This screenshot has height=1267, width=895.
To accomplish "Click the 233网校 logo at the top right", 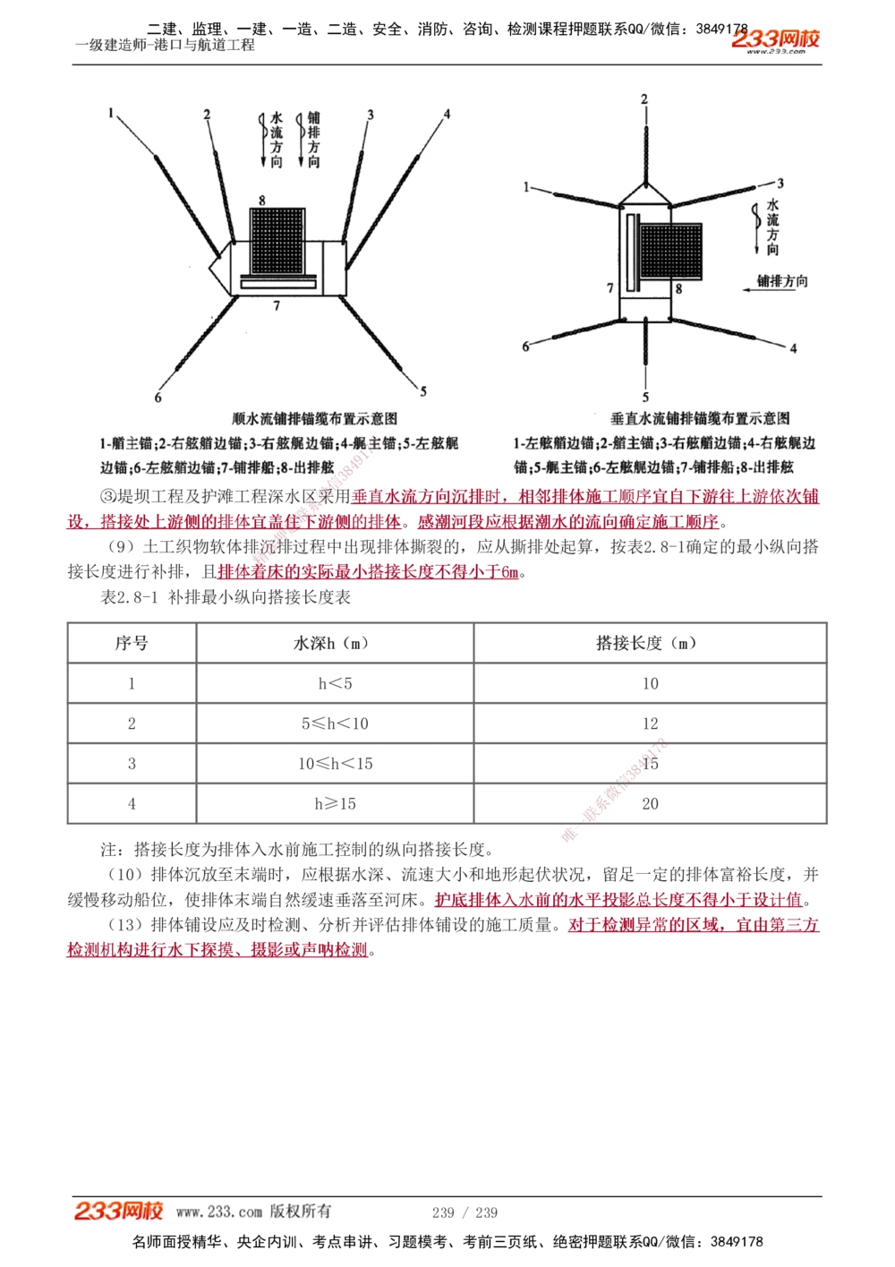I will point(775,40).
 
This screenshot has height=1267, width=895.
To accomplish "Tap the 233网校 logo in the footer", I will point(118,1211).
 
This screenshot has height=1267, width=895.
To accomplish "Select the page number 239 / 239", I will point(465,1212).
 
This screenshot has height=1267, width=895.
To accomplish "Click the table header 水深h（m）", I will point(335,643).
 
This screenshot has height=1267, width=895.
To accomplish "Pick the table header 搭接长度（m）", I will point(650,643).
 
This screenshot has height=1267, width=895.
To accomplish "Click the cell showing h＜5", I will point(335,683).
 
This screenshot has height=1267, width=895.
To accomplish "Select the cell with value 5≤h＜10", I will point(335,723).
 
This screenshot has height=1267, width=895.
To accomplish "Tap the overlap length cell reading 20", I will point(650,804).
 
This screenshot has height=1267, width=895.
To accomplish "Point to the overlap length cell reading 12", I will point(650,723).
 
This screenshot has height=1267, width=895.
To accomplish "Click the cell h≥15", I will point(335,804).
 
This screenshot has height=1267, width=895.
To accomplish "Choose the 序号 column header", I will point(132,643).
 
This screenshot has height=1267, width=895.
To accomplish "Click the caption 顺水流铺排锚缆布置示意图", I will point(314,418).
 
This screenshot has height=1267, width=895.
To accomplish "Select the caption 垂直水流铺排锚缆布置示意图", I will point(700,418).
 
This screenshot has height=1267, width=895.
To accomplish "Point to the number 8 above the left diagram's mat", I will point(262,200).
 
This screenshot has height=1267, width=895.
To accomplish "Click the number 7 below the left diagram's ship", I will point(277,306).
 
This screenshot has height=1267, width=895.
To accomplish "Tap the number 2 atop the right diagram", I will point(644,98).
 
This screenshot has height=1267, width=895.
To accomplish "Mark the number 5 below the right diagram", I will point(645,398).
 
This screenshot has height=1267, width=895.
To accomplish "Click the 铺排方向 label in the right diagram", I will point(782,281).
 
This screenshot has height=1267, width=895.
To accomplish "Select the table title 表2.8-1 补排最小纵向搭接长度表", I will point(226,597).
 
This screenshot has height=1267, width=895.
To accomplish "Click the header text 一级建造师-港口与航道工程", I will point(166,45).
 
